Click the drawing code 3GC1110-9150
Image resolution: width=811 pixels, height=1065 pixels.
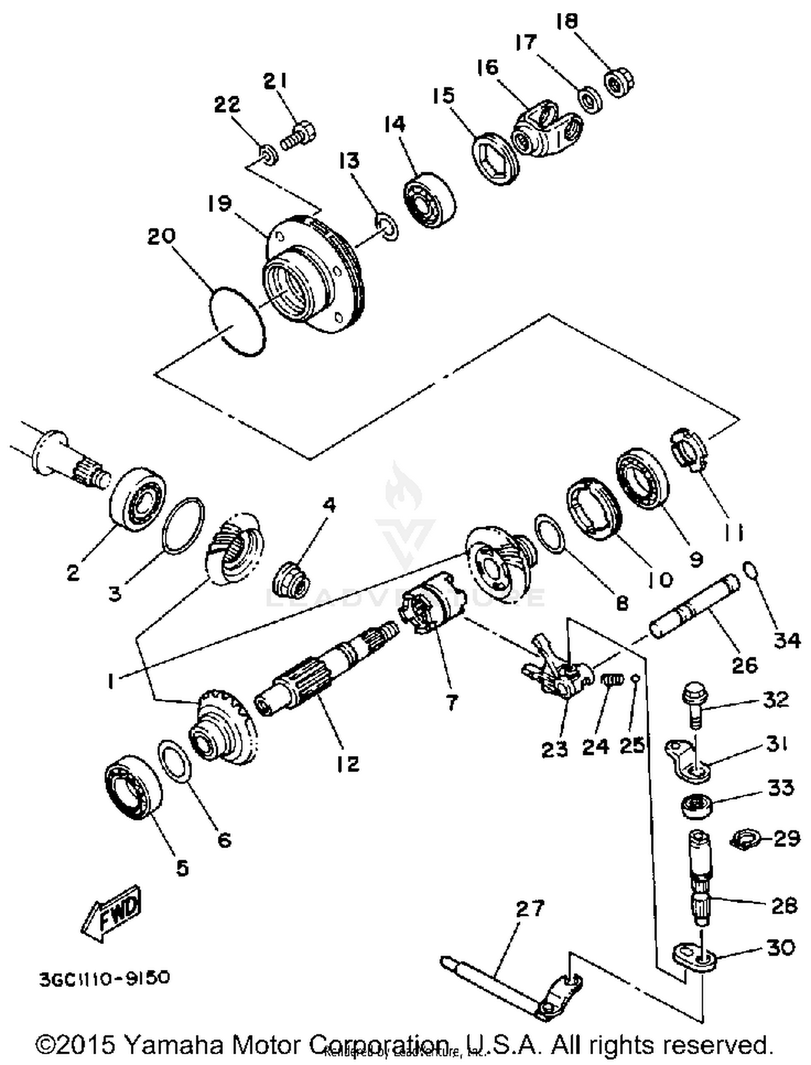click(104, 977)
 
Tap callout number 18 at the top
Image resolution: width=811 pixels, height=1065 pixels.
click(567, 21)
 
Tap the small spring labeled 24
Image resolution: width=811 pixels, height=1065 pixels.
click(613, 680)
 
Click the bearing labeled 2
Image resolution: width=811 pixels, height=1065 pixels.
click(137, 500)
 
